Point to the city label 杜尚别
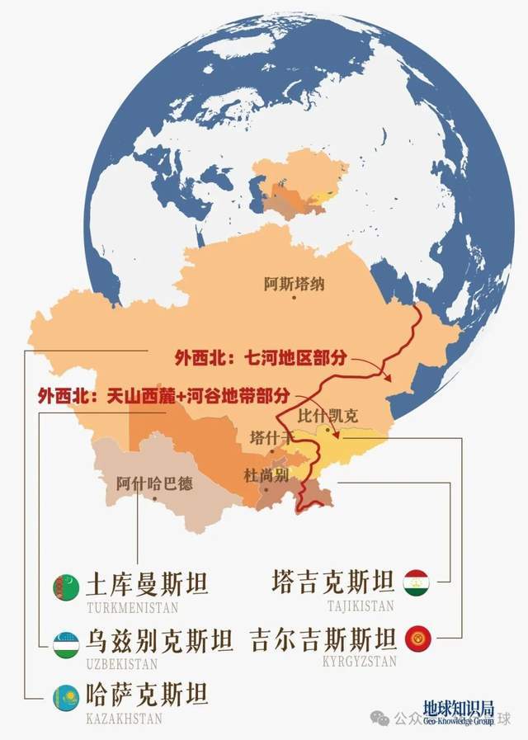tap(265, 476)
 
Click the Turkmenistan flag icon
tap(64, 585)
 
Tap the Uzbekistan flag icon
tap(64, 640)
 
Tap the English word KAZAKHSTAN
tap(125, 719)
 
